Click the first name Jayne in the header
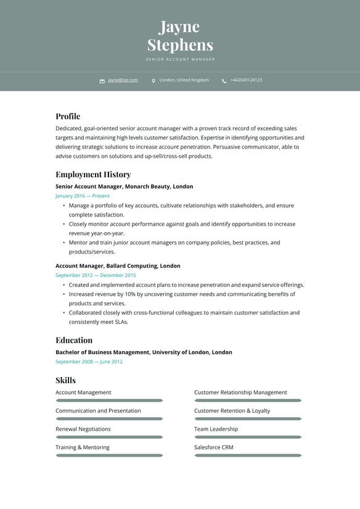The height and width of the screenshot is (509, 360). (x=179, y=27)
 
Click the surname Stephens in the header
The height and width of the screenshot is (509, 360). (x=180, y=45)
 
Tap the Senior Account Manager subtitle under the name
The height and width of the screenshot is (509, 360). (x=180, y=60)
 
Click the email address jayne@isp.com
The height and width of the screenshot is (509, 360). (x=123, y=80)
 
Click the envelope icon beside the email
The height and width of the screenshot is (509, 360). (x=102, y=81)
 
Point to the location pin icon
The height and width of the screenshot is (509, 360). (x=153, y=81)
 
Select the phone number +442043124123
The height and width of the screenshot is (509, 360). (x=246, y=80)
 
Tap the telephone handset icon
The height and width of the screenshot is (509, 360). (x=224, y=81)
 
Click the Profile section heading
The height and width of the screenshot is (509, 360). (x=68, y=116)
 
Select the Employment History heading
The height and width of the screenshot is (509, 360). (x=93, y=175)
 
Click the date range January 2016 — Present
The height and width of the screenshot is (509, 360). (x=83, y=196)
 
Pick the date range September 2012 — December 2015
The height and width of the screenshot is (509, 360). (x=96, y=275)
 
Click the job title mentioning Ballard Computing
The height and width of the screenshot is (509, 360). (x=118, y=266)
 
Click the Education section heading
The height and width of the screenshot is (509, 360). (x=74, y=340)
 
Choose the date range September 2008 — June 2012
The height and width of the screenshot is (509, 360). (x=89, y=362)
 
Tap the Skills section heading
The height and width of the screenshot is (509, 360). (x=65, y=380)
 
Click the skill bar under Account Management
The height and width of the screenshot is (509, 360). (x=109, y=400)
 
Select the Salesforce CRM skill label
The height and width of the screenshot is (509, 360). (x=213, y=447)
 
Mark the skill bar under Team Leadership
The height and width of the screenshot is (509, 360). (x=248, y=437)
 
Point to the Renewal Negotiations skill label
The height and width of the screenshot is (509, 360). (x=83, y=429)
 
